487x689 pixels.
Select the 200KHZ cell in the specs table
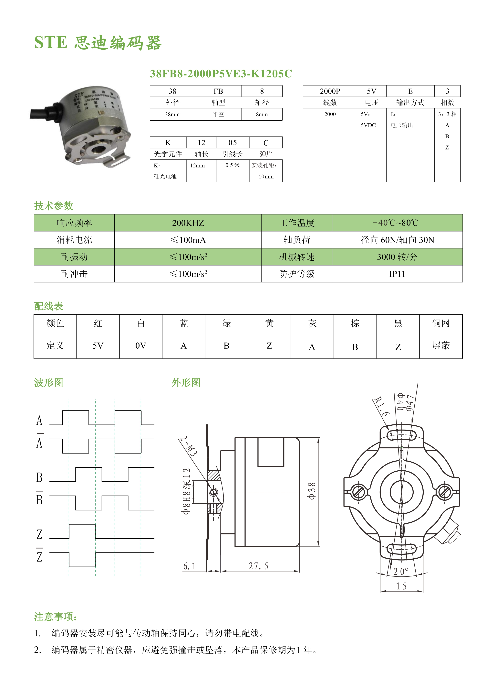click(188, 223)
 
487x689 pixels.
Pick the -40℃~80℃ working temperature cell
click(397, 223)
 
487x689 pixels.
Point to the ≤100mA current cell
click(188, 240)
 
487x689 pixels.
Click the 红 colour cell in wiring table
click(98, 323)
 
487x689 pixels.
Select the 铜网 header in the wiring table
click(441, 323)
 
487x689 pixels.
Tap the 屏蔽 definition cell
click(441, 346)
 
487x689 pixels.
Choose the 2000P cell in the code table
click(330, 91)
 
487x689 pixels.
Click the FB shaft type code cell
click(218, 91)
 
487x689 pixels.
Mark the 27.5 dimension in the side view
click(258, 566)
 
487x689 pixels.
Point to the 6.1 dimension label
click(190, 566)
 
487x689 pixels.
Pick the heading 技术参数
click(54, 206)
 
